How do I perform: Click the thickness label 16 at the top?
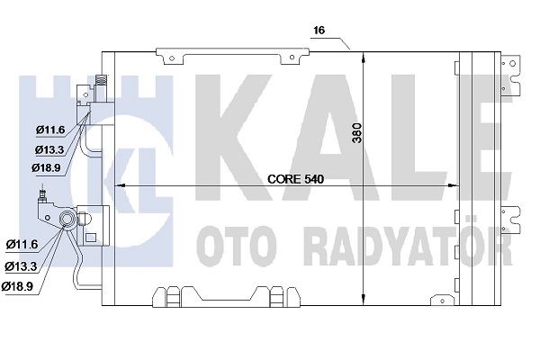[319, 31]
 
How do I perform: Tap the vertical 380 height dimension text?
[358, 133]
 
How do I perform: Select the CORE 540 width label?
[296, 179]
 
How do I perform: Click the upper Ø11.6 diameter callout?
[50, 130]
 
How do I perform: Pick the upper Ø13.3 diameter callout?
[49, 149]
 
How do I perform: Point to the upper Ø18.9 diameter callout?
[46, 167]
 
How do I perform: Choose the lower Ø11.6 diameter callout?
[22, 244]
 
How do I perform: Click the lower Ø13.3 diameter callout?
[21, 266]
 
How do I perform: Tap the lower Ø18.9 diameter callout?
[18, 286]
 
